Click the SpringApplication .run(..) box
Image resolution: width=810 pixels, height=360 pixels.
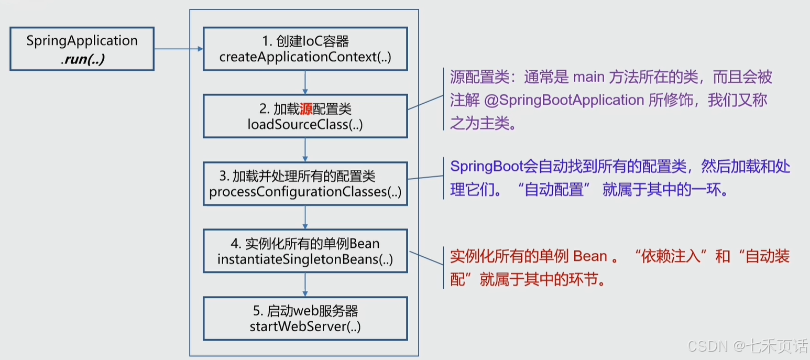click(x=82, y=49)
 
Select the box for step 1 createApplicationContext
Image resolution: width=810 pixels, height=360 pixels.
click(x=305, y=49)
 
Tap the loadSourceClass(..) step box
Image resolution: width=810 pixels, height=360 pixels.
click(x=305, y=116)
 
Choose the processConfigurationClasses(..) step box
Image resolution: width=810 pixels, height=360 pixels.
click(x=305, y=183)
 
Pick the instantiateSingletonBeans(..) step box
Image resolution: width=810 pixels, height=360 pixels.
click(x=305, y=251)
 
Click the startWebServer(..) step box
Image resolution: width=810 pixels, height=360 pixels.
click(x=305, y=319)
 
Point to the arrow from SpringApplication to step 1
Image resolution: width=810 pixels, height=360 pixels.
click(x=178, y=49)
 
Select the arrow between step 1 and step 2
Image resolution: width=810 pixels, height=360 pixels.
click(x=305, y=82)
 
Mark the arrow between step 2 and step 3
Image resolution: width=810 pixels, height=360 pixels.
click(x=305, y=150)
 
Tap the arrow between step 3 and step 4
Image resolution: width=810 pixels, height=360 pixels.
click(x=305, y=217)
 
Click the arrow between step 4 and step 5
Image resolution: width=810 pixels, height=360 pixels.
click(x=305, y=285)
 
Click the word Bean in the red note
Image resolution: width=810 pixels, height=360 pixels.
click(x=590, y=257)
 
